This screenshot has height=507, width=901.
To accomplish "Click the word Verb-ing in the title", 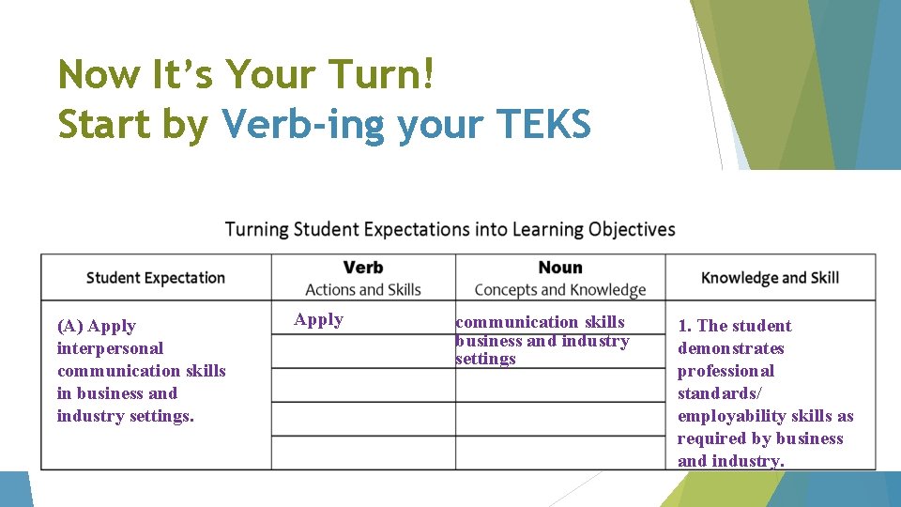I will point(303,124).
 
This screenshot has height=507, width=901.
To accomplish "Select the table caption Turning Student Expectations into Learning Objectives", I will point(450,229).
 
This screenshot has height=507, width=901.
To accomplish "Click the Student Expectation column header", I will point(156,277).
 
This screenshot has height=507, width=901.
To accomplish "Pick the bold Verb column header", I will point(363,268).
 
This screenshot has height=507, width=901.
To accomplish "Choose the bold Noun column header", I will point(560,268).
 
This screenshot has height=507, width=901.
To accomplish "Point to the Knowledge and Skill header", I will point(770,277).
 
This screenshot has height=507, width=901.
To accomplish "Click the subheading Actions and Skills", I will point(363,290).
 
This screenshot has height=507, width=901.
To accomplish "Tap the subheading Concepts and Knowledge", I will point(560,290).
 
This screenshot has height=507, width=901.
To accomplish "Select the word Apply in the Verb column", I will point(319,319).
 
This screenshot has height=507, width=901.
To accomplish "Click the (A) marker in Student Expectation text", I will point(70,326).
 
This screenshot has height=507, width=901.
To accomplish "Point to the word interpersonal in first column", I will point(110,348).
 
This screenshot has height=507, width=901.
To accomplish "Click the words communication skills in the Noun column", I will point(540,322).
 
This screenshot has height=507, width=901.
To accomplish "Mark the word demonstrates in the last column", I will point(730,348).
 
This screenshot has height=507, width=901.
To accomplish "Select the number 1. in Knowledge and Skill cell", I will point(685,326).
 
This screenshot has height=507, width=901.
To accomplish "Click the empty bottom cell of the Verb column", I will point(363,453).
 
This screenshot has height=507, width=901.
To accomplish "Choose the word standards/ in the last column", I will point(719,393).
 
